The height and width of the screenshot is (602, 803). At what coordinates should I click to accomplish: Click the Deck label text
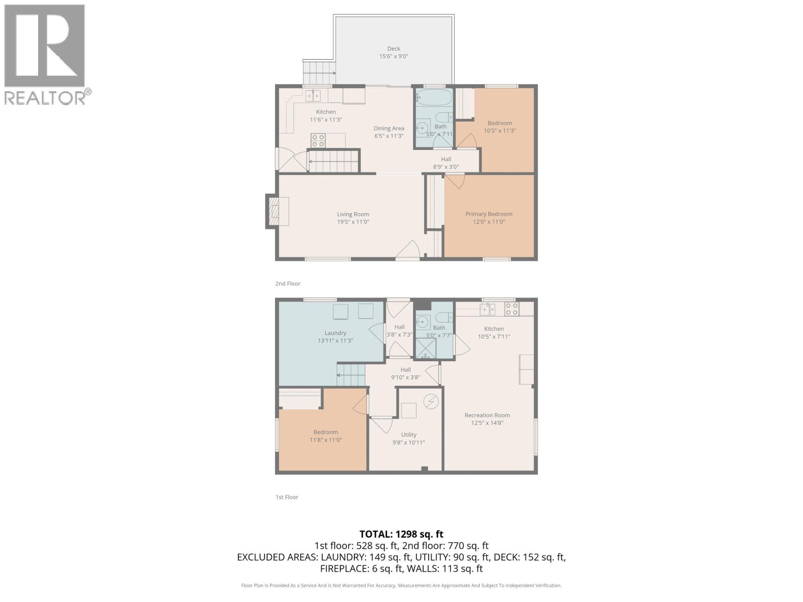[393, 49]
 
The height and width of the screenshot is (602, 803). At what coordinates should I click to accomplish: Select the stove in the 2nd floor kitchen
[318, 140]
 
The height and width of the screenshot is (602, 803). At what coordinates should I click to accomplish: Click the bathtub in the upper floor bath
[434, 97]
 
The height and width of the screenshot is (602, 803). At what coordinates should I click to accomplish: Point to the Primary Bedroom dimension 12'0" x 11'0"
[488, 222]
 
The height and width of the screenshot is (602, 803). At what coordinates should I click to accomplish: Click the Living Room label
[353, 214]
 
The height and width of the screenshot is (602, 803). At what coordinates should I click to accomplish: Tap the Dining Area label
[388, 128]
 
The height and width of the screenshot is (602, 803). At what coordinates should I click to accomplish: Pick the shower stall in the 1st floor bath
[426, 349]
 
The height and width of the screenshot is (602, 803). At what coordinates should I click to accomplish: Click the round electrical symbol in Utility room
[431, 401]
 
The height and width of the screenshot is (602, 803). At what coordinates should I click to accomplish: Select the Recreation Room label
[487, 415]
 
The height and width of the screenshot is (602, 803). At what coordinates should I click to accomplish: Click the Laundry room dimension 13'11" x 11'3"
[335, 341]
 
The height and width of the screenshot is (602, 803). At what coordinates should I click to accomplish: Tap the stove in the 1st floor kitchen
[511, 309]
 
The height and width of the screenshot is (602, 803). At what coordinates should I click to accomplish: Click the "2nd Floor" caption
[288, 283]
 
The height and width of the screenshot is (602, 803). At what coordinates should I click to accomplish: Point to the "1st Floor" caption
[287, 497]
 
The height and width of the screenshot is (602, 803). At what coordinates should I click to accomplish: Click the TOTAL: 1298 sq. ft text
[401, 534]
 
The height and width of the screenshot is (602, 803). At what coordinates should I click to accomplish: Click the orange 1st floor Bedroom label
[325, 432]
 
